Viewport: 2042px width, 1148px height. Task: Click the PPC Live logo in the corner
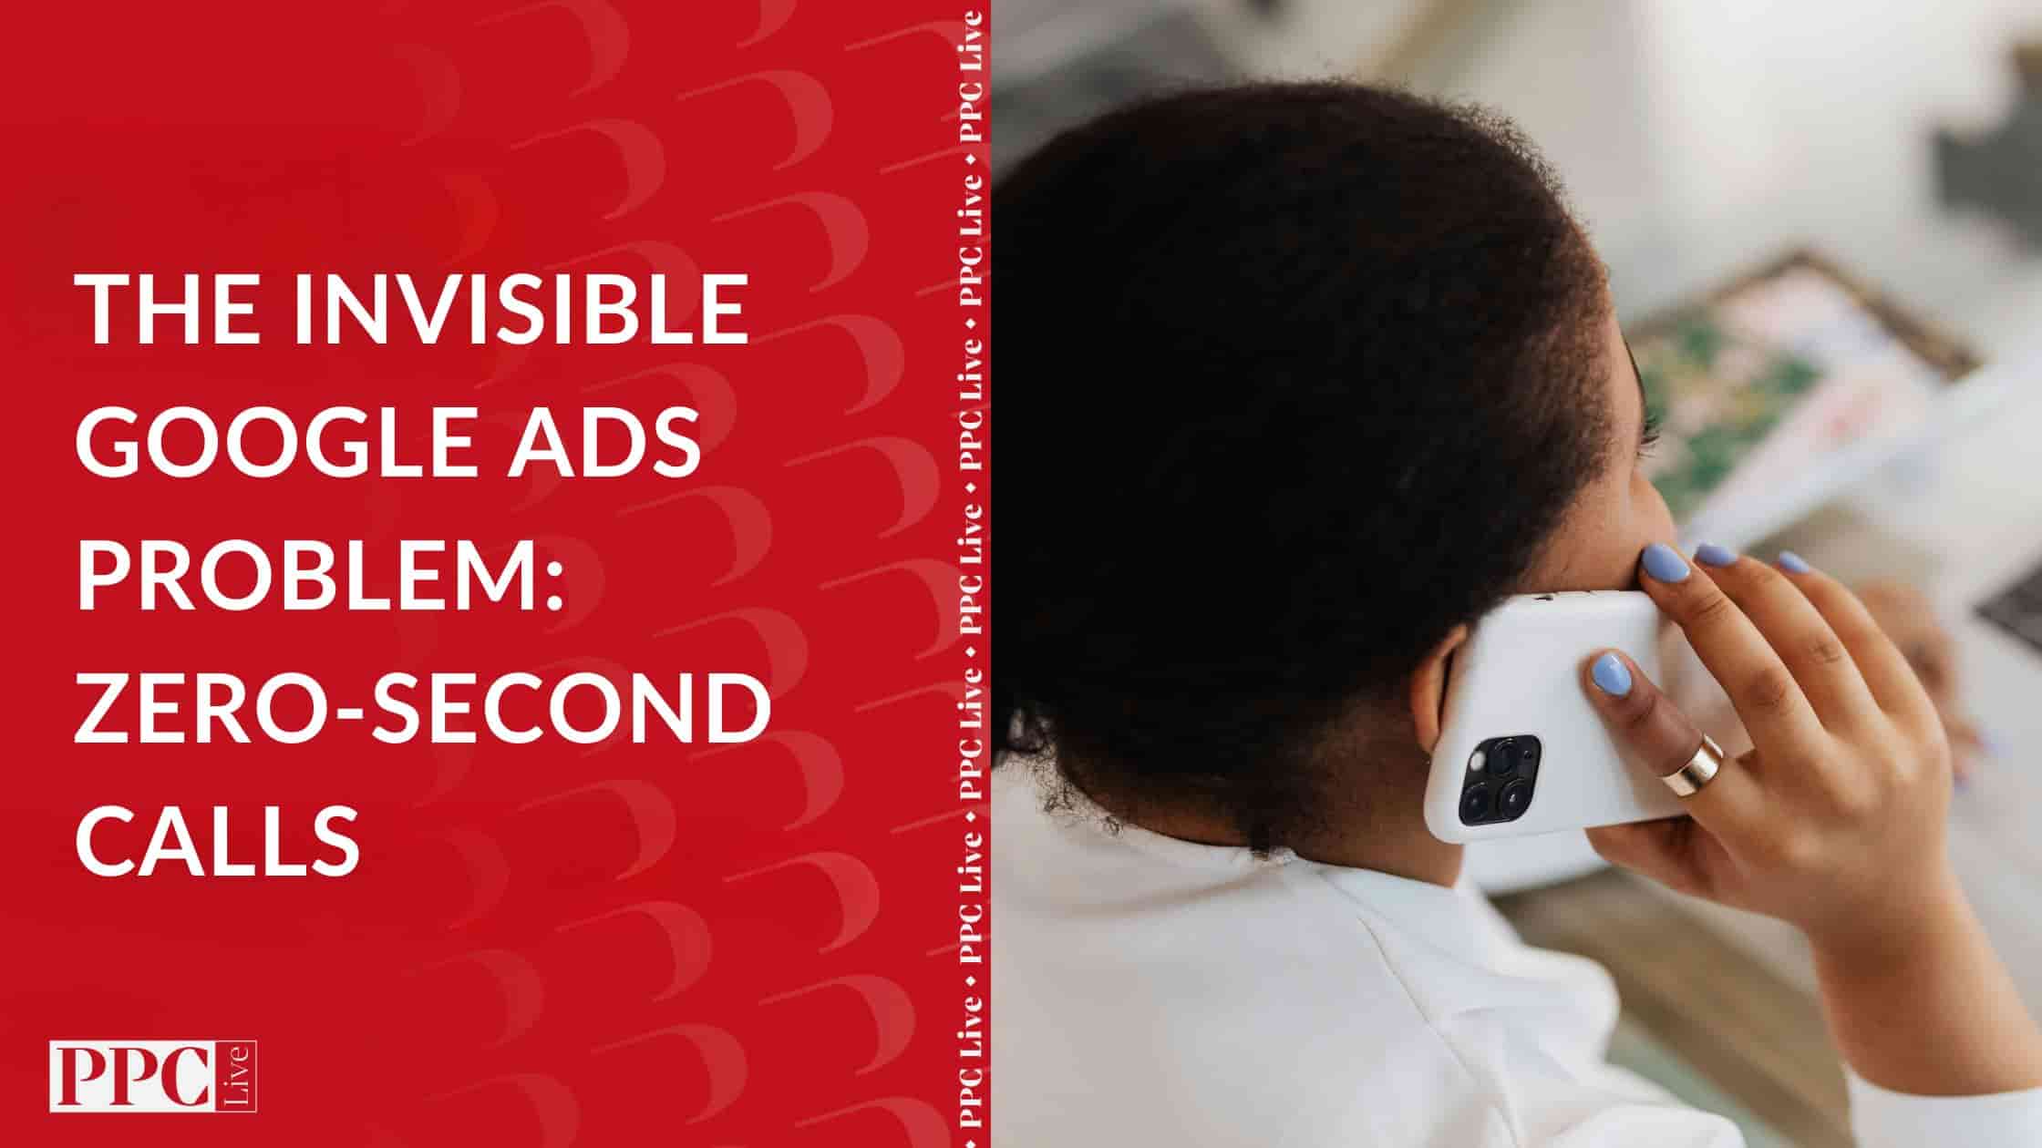click(x=153, y=1076)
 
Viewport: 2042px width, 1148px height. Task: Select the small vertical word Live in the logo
click(x=241, y=1076)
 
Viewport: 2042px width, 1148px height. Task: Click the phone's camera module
click(x=1499, y=780)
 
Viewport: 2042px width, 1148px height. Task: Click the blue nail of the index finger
click(x=1666, y=561)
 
